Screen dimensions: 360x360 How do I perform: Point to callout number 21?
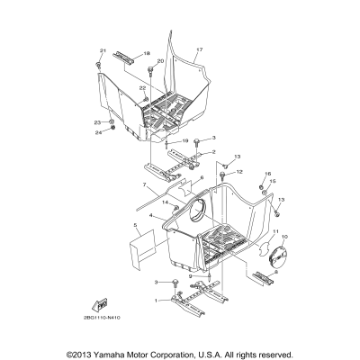(102, 50)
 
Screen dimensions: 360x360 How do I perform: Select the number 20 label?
(160, 61)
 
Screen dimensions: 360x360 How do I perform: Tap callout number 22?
(142, 87)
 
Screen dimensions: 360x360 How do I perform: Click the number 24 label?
(100, 133)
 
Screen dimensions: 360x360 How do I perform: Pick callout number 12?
(215, 172)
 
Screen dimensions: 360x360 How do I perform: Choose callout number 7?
(143, 185)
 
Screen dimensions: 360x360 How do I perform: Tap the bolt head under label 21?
(97, 65)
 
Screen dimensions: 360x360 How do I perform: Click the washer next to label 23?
(112, 121)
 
